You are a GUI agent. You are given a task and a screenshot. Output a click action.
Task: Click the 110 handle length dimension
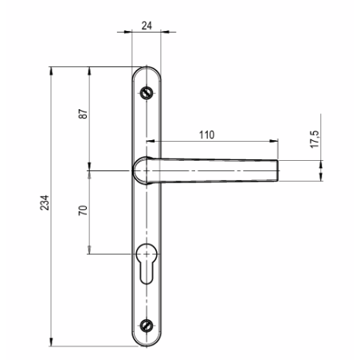tap(206, 135)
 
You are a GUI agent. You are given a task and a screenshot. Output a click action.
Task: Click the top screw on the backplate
tap(145, 92)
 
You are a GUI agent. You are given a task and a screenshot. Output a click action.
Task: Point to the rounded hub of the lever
tap(142, 169)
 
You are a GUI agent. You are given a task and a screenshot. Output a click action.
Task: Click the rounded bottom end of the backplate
tap(145, 344)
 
